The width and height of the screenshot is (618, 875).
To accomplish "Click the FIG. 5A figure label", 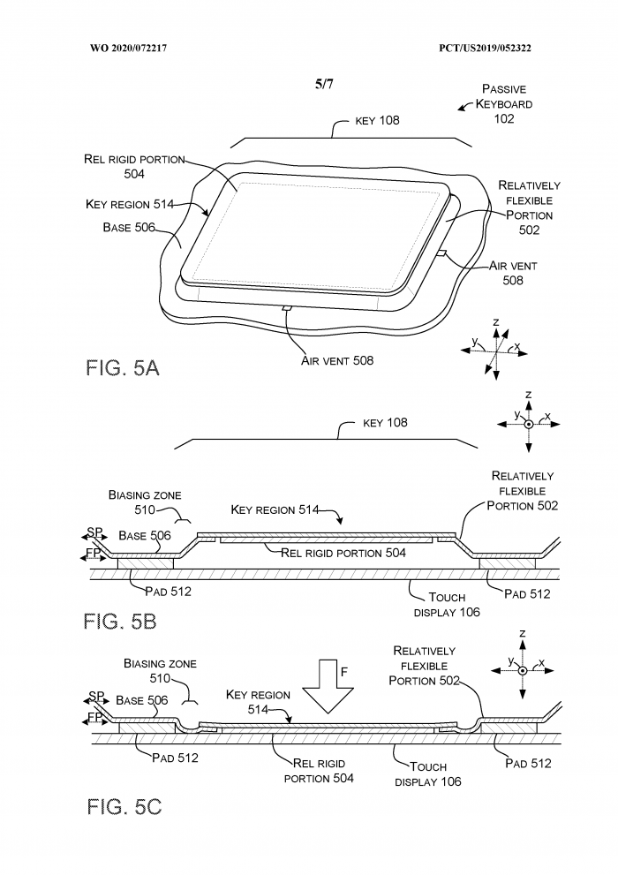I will [x=123, y=368].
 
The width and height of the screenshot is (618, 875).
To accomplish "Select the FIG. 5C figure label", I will [x=124, y=806].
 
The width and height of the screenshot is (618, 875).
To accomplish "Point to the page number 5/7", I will [x=324, y=85].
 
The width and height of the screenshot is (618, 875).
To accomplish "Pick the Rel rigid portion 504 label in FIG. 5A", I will [x=134, y=166].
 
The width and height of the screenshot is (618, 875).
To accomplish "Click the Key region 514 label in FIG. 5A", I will [x=129, y=204].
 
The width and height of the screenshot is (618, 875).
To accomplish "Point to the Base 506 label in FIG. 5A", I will [x=129, y=227].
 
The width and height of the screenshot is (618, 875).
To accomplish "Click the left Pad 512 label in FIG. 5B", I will [x=160, y=592].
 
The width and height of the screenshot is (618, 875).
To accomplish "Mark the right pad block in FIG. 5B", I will [x=507, y=562].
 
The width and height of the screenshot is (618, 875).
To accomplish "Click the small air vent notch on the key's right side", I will [x=440, y=253].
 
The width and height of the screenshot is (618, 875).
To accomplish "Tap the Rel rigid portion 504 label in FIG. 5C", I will [x=318, y=771].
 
